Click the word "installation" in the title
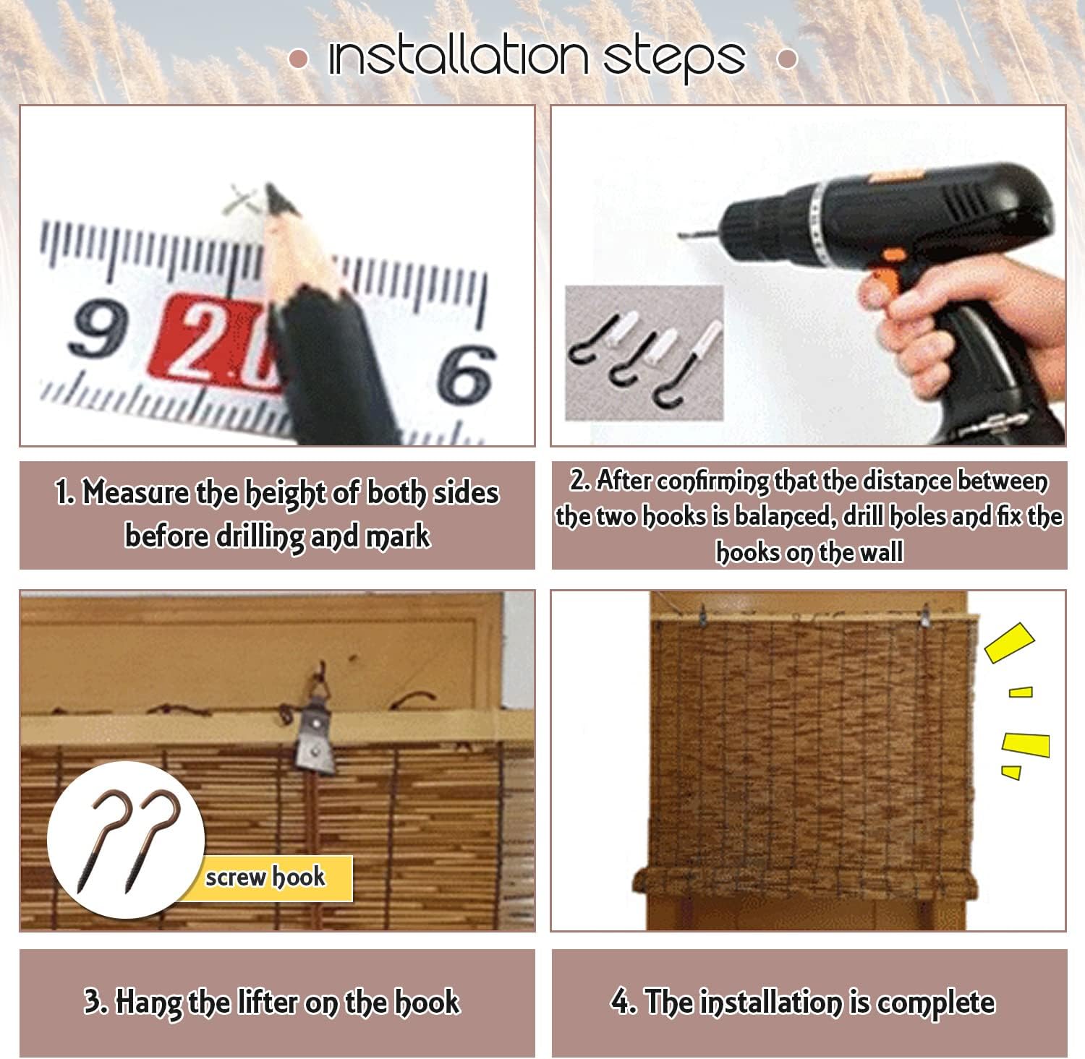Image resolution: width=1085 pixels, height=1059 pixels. click(x=459, y=56)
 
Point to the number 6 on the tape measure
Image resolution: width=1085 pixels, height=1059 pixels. click(x=467, y=374)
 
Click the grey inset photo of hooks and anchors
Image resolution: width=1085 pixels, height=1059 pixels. click(x=644, y=353)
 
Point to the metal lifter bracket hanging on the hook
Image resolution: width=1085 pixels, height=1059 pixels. click(x=316, y=741)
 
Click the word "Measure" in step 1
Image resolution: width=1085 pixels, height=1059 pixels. click(x=136, y=492)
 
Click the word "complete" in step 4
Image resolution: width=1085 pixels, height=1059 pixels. click(x=936, y=1003)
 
